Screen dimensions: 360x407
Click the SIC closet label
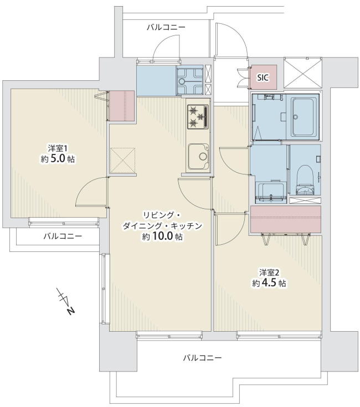[263, 78]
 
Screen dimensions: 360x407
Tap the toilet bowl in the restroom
[306, 181]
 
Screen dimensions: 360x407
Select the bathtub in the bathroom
[302, 117]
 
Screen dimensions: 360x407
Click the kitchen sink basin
[199, 156]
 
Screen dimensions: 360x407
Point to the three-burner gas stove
[198, 116]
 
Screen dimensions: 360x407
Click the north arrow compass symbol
[66, 301]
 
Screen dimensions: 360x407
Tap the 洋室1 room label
[58, 149]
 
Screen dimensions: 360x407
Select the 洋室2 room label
[269, 272]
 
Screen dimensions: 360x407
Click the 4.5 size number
[269, 282]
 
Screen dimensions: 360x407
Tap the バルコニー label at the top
[166, 27]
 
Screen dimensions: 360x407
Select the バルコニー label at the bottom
[203, 358]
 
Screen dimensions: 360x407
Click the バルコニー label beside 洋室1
[63, 236]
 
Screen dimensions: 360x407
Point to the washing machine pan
[271, 192]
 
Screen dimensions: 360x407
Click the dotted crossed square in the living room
[123, 161]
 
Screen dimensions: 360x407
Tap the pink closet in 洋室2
[286, 219]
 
